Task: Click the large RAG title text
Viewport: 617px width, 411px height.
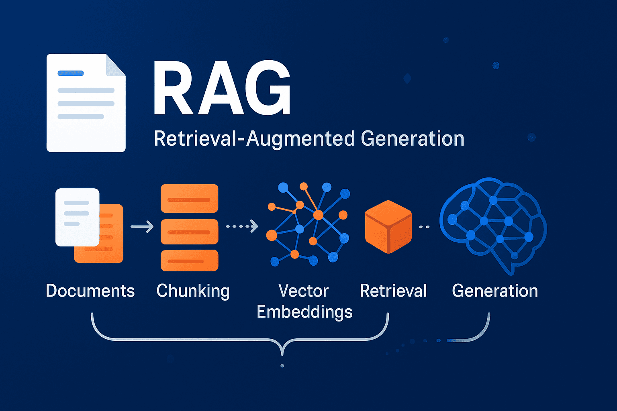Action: point(222,89)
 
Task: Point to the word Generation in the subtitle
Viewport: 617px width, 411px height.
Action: point(413,139)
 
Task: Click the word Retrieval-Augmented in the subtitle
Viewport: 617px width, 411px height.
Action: point(254,139)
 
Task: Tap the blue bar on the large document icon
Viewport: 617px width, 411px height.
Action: point(71,73)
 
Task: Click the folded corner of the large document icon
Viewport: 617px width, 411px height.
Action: point(115,65)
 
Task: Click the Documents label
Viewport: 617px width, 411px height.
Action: point(90,291)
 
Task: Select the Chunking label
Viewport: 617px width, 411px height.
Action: point(193,291)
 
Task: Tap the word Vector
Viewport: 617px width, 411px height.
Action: point(304,291)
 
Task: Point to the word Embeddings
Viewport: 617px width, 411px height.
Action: point(304,312)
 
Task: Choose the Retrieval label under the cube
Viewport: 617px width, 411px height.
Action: point(393,291)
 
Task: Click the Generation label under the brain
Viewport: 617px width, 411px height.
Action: point(495,291)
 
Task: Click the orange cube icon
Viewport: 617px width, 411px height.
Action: point(388,227)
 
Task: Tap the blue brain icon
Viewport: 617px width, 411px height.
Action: point(493,223)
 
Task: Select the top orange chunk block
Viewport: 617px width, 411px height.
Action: point(189,198)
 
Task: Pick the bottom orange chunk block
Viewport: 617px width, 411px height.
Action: point(189,260)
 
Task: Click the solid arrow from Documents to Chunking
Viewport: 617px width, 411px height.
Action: point(142,227)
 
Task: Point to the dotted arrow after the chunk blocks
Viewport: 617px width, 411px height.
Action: point(242,226)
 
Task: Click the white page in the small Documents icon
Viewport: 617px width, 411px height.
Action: point(77,217)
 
